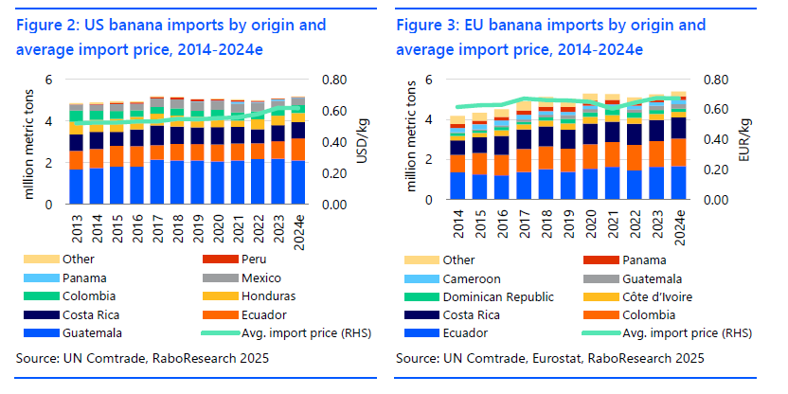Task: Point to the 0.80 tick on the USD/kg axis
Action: click(x=334, y=81)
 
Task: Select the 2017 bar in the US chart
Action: click(x=157, y=151)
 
